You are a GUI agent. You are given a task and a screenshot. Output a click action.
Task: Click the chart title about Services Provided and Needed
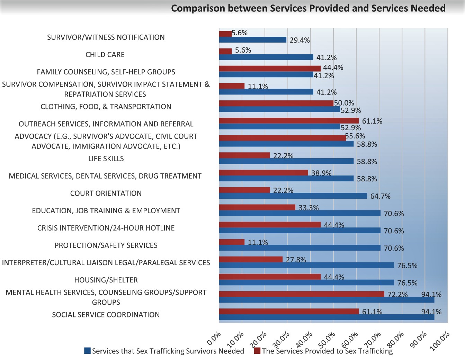[308, 8]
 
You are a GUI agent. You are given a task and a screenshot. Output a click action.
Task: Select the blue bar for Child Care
[266, 57]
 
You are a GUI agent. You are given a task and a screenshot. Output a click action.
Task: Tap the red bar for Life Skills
[244, 155]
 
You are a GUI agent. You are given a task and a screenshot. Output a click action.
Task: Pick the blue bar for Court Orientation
[293, 196]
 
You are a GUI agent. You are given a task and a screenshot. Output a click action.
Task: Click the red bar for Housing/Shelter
[270, 277]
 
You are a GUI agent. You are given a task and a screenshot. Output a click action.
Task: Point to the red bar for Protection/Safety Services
[232, 242]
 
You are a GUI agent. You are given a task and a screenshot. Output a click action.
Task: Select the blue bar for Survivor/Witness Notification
[253, 40]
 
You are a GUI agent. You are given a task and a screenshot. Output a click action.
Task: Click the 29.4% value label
[299, 40]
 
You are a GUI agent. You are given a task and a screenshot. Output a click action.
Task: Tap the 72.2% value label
[397, 295]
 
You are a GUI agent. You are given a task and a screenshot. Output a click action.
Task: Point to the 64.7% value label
[380, 196]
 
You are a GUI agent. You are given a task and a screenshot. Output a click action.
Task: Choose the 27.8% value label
[296, 260]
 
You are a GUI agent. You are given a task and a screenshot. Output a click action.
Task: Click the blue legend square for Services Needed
[87, 351]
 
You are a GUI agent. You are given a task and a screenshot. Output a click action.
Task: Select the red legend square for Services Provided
[257, 351]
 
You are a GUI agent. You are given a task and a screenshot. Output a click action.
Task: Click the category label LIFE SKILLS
[106, 159]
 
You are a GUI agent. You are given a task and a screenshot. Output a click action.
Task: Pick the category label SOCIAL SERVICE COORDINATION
[106, 315]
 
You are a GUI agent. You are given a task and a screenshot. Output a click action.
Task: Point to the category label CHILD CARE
[105, 55]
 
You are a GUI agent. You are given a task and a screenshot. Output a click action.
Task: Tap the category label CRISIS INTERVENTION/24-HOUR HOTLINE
[106, 228]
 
